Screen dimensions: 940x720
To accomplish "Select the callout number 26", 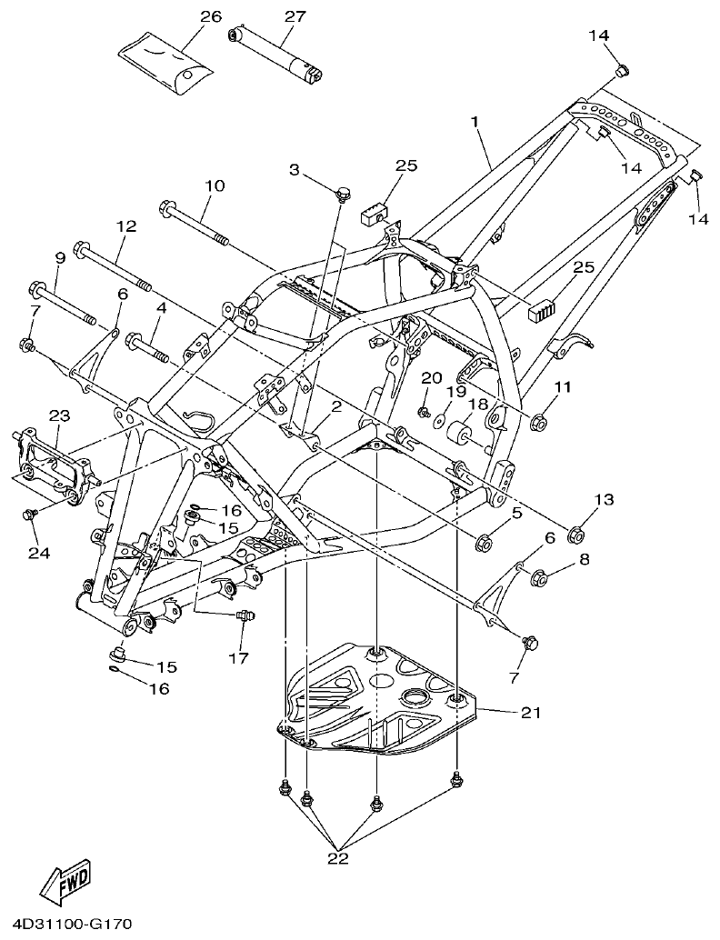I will coord(210,17).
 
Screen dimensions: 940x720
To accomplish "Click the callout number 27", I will coord(295,16).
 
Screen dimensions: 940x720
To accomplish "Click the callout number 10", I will coord(214,185).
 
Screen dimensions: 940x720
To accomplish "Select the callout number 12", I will coord(125,225).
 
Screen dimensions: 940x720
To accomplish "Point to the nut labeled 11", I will coord(537,422).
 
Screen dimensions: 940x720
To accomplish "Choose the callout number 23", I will coord(59,415).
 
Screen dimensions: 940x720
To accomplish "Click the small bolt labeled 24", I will coord(28,515).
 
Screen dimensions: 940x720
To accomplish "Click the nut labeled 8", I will coord(537,576).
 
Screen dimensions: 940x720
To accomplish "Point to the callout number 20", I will coord(430,377).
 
